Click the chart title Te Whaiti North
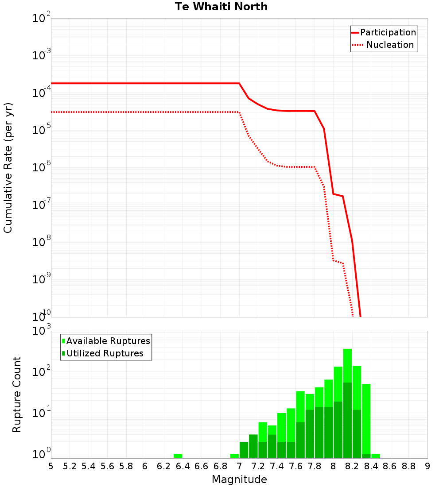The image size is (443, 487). coord(221,7)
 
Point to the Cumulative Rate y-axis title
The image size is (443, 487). coord(8,168)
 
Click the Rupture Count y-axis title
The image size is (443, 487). coord(17,394)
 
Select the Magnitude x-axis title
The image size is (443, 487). coord(239,479)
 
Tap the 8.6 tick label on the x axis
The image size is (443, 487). coord(390,466)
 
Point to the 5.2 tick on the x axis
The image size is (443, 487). coord(70,466)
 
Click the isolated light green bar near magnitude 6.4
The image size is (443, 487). coord(178,456)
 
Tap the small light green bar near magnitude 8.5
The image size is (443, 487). coord(376,456)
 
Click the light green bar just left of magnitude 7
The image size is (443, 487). coord(234,456)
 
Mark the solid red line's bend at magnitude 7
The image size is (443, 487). coord(239,83)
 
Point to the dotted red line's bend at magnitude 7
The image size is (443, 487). coord(239,112)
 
